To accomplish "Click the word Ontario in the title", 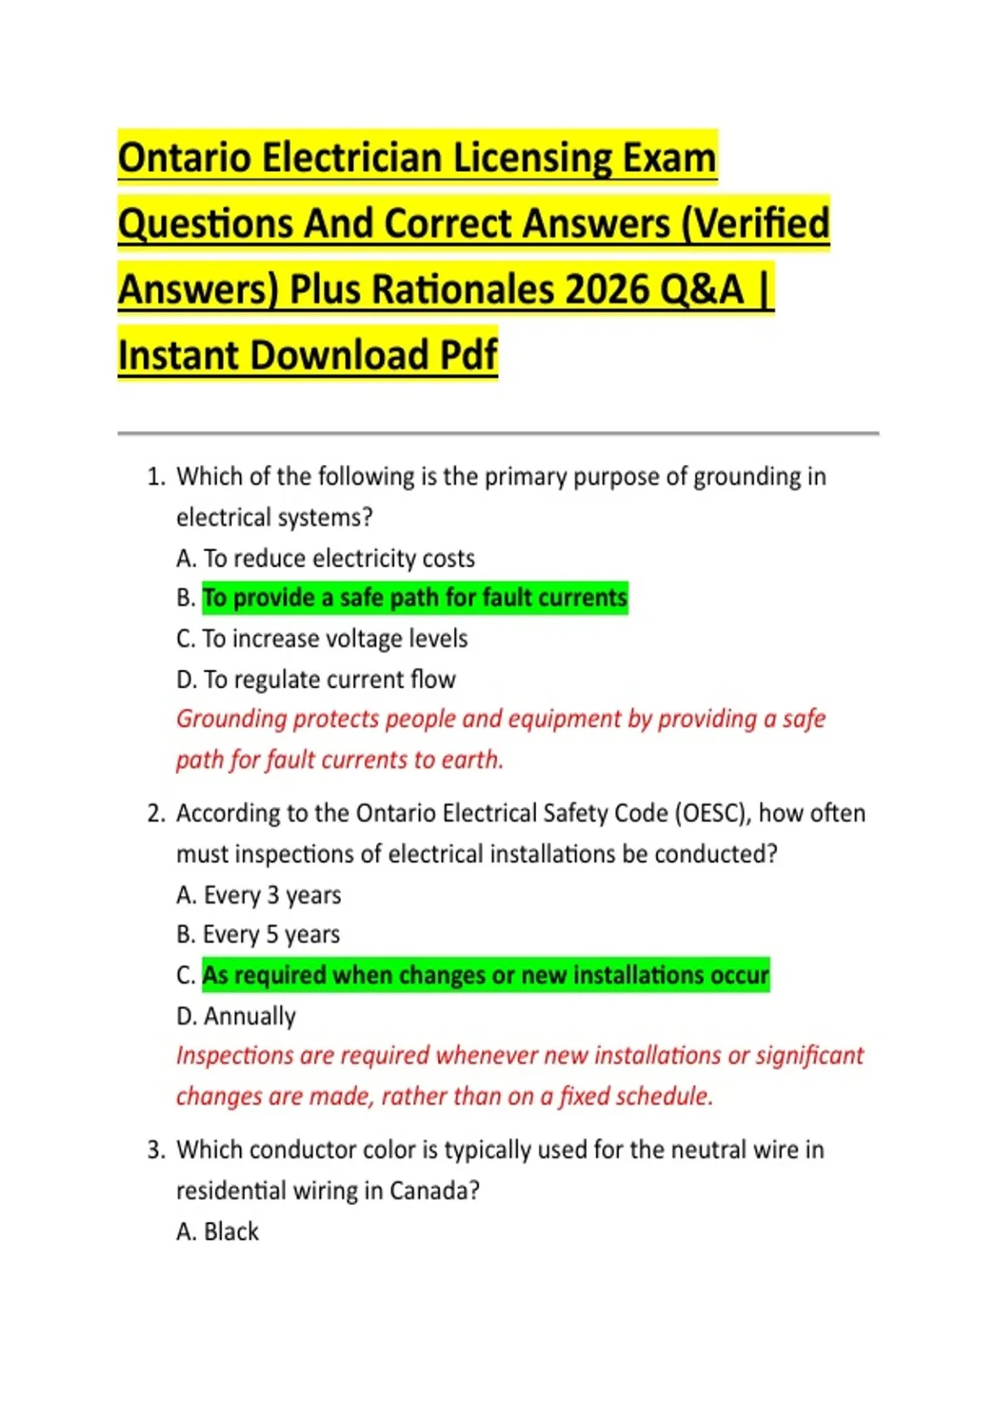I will (x=185, y=158).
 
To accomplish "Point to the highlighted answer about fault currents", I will (x=415, y=598).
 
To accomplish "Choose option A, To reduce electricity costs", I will (x=325, y=558).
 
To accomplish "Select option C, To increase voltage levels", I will (x=322, y=638).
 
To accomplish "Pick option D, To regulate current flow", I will (x=316, y=679).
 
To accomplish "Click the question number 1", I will (x=155, y=476).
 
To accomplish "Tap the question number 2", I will (x=155, y=813).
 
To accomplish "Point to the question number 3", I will (x=155, y=1150).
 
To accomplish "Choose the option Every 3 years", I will (x=259, y=895).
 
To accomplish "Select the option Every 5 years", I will (x=258, y=935).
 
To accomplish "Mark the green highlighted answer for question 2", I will (x=486, y=974).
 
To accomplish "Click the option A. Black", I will (x=217, y=1231).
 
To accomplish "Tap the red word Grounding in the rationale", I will (x=231, y=719).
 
